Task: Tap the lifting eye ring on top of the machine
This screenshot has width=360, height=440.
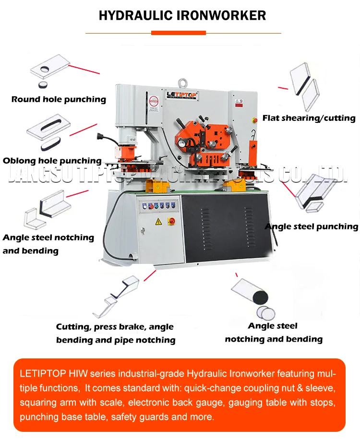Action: [x=183, y=82]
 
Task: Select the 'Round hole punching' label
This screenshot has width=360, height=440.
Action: [x=59, y=99]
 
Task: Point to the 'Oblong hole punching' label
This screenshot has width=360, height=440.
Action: [x=52, y=161]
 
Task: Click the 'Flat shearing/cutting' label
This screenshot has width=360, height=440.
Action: [x=309, y=118]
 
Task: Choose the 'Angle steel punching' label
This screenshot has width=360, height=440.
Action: [x=312, y=226]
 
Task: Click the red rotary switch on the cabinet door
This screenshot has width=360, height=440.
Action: [x=171, y=221]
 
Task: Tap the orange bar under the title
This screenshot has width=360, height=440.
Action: [x=178, y=33]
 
